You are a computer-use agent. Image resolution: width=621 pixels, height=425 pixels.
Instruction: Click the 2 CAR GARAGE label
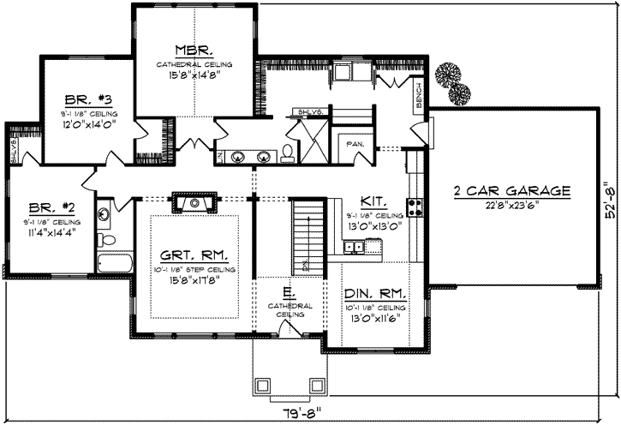click(512, 190)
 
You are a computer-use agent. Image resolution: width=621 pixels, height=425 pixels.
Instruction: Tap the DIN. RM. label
click(376, 291)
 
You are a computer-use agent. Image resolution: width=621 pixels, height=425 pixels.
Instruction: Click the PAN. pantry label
click(355, 145)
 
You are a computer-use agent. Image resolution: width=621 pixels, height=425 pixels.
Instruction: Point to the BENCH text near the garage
click(418, 98)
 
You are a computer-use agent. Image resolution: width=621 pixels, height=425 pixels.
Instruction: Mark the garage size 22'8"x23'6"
click(512, 205)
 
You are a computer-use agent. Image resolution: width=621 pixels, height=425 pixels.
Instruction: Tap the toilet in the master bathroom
click(288, 153)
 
